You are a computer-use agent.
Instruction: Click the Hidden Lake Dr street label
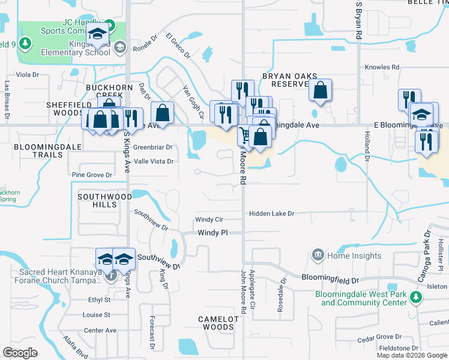coord(272,214)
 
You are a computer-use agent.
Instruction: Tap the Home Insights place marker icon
coord(318,256)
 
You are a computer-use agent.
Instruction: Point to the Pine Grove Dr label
coord(92,175)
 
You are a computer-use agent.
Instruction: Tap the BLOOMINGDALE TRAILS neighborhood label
coord(38,151)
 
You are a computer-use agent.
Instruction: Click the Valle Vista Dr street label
coord(153,161)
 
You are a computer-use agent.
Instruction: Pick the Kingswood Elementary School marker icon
coord(119,47)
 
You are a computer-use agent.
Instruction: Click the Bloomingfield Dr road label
coord(330,280)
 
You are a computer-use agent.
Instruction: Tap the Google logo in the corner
coord(20,353)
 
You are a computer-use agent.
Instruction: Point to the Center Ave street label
coord(100,330)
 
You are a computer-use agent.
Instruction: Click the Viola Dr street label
coord(27,75)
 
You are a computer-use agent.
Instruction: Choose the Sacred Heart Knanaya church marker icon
coord(110,277)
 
